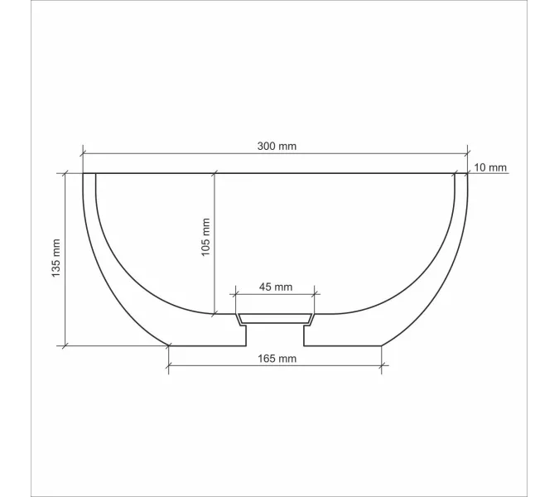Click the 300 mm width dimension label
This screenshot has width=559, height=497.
point(276,146)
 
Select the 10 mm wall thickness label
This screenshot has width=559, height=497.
point(489,167)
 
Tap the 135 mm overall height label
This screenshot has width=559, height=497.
point(56,258)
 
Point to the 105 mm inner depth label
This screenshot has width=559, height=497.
point(205,238)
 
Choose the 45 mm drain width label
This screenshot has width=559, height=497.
point(276,287)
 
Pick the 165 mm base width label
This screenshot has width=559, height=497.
point(276,359)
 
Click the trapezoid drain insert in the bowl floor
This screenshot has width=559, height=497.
point(276,318)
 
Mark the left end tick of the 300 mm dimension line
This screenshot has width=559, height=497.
point(84,153)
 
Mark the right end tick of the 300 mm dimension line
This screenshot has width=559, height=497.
point(468,153)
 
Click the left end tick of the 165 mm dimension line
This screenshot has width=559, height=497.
point(169,364)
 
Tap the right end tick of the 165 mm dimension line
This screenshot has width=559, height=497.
point(382,364)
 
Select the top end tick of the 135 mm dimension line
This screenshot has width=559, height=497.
point(65,174)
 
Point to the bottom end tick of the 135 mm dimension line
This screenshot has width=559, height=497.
point(65,345)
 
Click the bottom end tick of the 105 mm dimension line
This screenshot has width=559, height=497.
point(214,314)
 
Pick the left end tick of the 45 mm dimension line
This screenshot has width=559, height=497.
point(236,293)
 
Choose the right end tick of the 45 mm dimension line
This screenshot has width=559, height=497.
point(315,293)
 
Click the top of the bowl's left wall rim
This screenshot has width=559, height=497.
point(89,175)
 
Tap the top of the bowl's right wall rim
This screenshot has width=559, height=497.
point(461,175)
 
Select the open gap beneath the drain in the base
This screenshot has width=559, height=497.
point(276,335)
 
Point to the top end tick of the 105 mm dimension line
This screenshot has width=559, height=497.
point(214,174)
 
